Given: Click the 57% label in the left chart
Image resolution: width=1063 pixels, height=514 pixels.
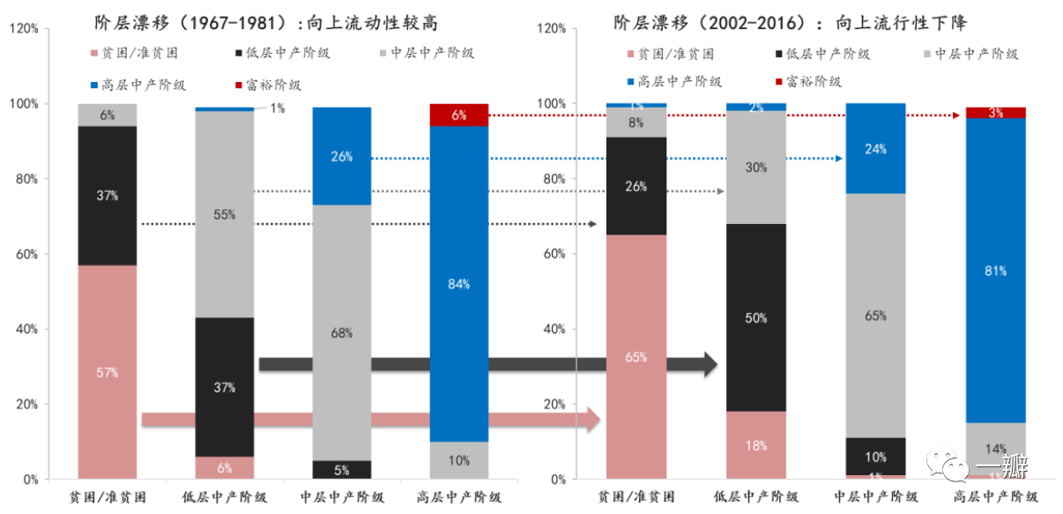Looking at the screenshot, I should point(108,372).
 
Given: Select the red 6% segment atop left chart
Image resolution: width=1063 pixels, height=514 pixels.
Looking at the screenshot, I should point(458,115).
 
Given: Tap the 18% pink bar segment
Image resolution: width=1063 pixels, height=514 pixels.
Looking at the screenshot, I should point(756,445).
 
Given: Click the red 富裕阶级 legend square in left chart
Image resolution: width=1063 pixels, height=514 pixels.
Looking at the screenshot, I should point(241,86).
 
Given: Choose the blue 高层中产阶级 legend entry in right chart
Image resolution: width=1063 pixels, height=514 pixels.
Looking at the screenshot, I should point(671,81).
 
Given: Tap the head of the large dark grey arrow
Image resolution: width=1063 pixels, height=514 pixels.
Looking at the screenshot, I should point(710,364).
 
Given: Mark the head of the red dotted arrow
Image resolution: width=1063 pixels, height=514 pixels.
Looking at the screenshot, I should point(957,115).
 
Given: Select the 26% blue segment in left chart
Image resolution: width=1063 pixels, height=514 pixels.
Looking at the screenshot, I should point(341,157).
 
